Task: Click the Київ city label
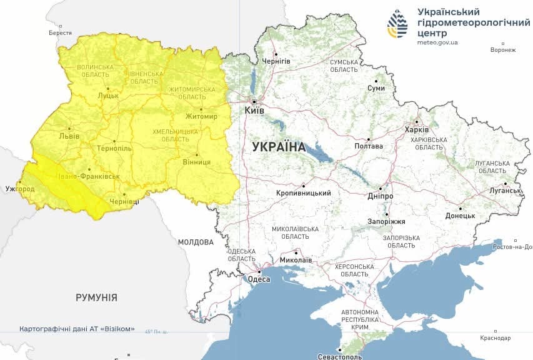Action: [x=254, y=111]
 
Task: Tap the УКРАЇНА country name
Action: [x=279, y=147]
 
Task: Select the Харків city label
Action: [x=417, y=130]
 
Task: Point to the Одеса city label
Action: [x=259, y=279]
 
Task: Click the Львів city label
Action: [x=69, y=136]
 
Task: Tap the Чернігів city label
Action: [x=276, y=61]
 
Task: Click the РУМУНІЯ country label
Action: [x=96, y=297]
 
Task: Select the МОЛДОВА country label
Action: [x=196, y=242]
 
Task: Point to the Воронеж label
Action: [x=503, y=50]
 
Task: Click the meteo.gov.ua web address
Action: [x=437, y=42]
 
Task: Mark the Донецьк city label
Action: [x=460, y=216]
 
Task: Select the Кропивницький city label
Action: [x=303, y=193]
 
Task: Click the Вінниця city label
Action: [x=197, y=162]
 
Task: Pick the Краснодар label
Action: [x=496, y=338]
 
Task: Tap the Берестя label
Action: [x=60, y=33]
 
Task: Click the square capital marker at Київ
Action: [x=254, y=101]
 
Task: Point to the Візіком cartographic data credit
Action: [x=77, y=329]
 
